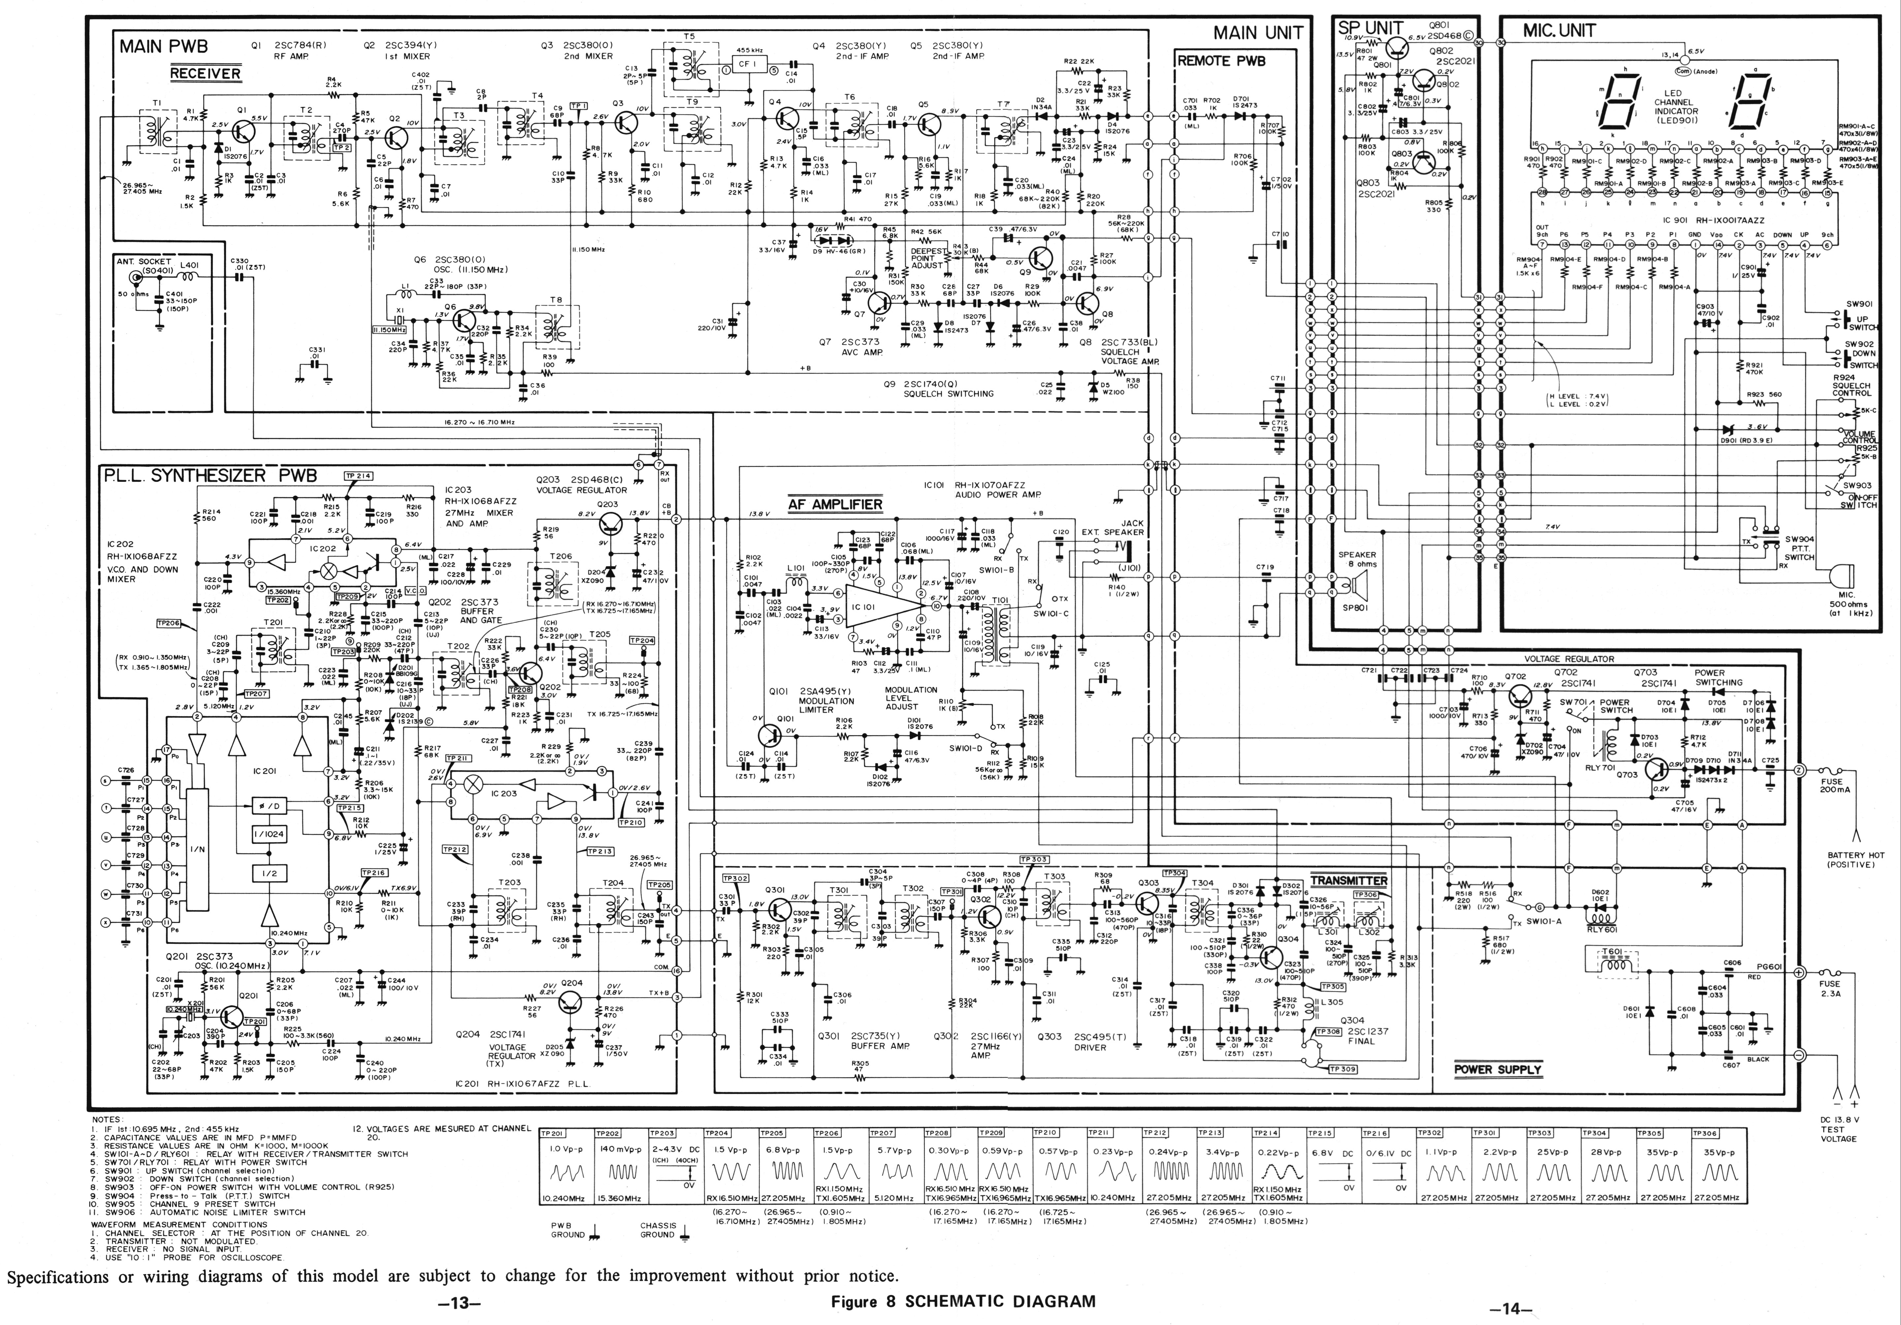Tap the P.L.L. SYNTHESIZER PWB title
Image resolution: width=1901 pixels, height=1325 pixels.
209,476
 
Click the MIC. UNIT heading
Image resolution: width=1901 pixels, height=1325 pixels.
1559,31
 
